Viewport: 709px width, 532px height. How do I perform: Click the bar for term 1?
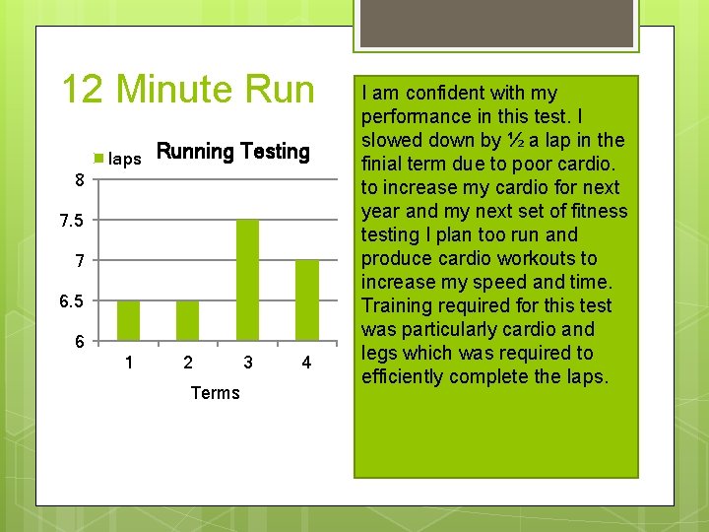tap(129, 320)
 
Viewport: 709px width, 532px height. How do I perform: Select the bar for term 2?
tap(188, 320)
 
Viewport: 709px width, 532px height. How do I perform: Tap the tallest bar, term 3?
tap(247, 280)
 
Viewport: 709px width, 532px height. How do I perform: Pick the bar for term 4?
tap(306, 299)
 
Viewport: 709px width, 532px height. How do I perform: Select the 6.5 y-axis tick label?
tap(71, 300)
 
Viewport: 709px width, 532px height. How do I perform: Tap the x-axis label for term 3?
tap(247, 363)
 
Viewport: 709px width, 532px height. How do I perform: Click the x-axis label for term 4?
tap(306, 363)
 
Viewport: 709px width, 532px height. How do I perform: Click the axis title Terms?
tap(215, 393)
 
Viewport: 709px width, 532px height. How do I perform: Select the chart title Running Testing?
tap(233, 152)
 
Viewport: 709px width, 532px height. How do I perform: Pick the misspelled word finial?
tap(385, 164)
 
